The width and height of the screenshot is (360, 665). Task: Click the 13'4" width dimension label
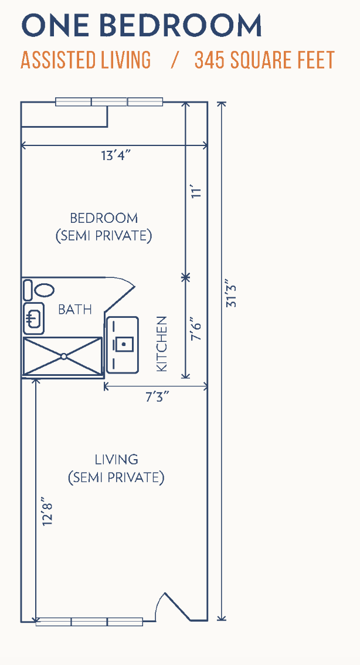click(x=114, y=155)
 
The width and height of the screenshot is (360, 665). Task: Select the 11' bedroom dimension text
click(x=195, y=192)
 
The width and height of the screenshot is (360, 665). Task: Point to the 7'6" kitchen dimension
click(x=195, y=328)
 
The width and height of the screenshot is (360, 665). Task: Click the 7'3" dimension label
click(x=157, y=398)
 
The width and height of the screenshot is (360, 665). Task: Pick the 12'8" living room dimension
click(x=47, y=511)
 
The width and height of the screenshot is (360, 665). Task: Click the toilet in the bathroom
click(x=39, y=290)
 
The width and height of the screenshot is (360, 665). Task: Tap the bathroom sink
click(x=33, y=318)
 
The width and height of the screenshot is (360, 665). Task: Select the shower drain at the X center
click(x=63, y=357)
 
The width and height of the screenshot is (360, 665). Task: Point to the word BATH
click(x=74, y=310)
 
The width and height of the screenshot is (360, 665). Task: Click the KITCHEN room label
click(x=162, y=344)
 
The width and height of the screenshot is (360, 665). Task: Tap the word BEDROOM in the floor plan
click(x=104, y=218)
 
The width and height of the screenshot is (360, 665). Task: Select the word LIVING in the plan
click(x=116, y=459)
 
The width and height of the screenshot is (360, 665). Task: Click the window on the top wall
click(x=110, y=102)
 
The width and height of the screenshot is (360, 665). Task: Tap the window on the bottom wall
click(x=89, y=622)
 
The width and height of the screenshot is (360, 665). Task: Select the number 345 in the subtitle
click(x=209, y=60)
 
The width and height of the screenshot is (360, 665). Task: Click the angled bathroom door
click(x=120, y=296)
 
